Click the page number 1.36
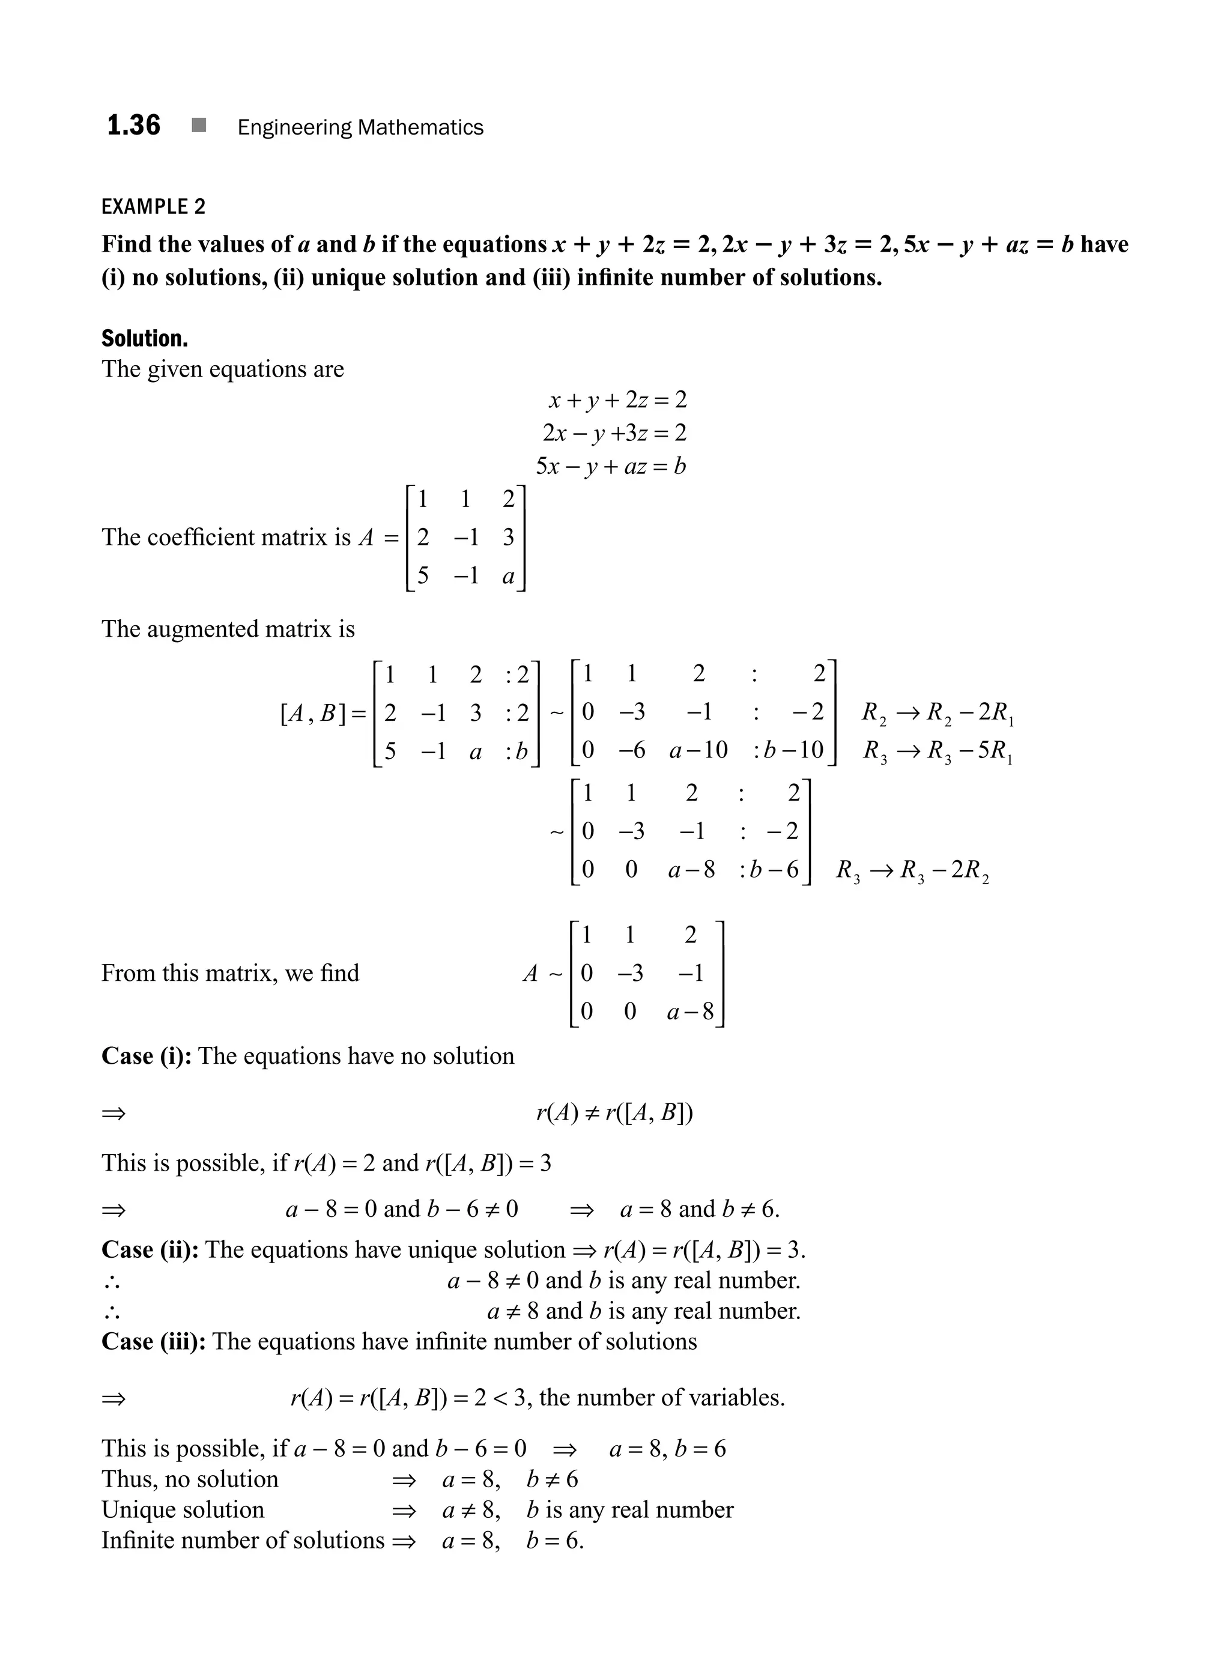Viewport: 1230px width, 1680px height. (x=133, y=126)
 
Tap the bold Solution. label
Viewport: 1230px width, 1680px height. (x=145, y=339)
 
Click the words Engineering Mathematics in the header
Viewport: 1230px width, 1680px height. (x=360, y=127)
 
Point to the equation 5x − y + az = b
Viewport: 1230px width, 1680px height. (x=611, y=466)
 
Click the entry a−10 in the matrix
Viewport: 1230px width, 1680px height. (x=698, y=750)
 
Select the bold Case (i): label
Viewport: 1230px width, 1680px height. (x=147, y=1056)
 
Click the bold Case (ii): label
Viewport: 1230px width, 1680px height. (x=150, y=1249)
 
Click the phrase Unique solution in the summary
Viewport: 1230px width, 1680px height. (x=183, y=1509)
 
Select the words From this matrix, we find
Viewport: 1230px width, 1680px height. (x=230, y=972)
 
